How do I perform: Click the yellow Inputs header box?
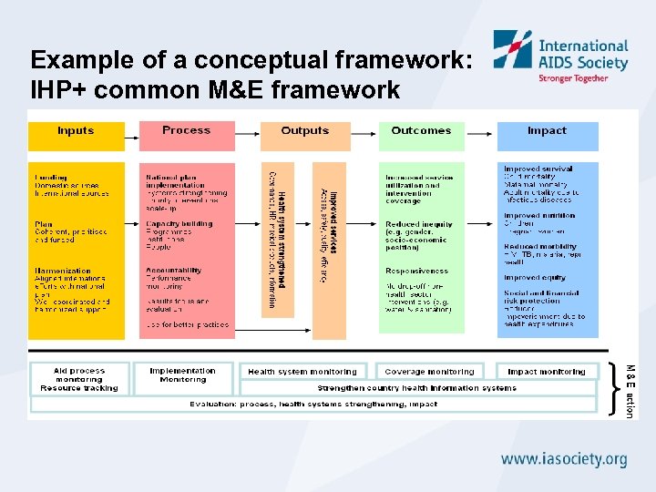click(76, 135)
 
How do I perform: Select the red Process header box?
click(187, 135)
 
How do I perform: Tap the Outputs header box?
click(304, 135)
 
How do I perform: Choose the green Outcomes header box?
click(421, 135)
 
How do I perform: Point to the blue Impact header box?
click(547, 135)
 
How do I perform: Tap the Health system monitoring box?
click(302, 372)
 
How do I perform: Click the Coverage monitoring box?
click(429, 372)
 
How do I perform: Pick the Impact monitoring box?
click(547, 372)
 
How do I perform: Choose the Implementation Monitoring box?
click(183, 375)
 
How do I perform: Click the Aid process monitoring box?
click(79, 379)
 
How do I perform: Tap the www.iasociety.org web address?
click(565, 459)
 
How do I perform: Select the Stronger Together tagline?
click(573, 78)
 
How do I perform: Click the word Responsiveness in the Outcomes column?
click(416, 272)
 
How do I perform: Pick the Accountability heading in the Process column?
click(173, 271)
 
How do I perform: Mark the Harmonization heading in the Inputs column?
click(63, 272)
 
